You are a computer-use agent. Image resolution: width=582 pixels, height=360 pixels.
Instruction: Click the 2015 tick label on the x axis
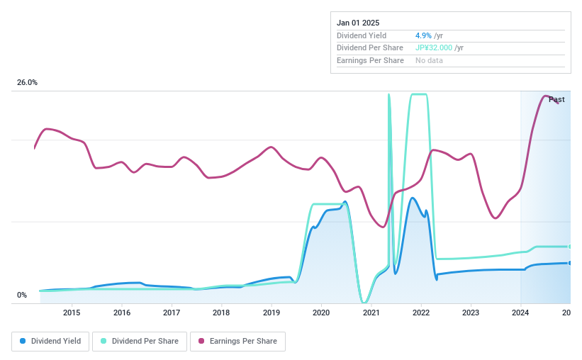72,313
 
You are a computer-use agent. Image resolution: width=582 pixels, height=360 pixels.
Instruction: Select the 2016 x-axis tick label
122,313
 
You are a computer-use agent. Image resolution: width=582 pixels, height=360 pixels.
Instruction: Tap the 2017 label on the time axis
172,313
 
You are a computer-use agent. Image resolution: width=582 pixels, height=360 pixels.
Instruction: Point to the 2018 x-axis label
221,313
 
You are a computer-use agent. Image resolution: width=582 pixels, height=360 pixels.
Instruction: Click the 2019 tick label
272,313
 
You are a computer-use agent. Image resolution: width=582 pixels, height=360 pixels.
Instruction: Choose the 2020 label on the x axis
321,313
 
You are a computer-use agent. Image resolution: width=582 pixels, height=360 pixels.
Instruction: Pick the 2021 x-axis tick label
371,313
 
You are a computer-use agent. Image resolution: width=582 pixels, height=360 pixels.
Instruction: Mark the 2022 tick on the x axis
421,313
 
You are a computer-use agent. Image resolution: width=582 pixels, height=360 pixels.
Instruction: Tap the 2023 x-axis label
471,313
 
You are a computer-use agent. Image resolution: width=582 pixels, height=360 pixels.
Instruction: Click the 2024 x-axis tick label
520,313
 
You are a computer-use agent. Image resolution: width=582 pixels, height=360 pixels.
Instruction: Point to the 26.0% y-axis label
28,83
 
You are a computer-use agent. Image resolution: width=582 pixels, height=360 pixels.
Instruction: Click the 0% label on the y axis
22,296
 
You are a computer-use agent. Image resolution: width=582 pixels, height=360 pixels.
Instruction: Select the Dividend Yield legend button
50,342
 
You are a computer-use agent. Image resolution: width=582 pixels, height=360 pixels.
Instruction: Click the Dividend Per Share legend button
140,342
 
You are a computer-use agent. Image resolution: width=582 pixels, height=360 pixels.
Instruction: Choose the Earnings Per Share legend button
237,342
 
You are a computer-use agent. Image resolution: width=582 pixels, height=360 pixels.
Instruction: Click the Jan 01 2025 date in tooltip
358,23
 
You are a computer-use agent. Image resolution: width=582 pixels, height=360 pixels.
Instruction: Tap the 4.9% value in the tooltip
423,35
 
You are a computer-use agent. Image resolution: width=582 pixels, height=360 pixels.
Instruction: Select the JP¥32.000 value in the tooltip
434,48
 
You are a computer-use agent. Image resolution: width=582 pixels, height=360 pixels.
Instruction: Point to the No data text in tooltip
430,61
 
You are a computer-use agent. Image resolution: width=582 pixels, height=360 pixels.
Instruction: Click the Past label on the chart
556,99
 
